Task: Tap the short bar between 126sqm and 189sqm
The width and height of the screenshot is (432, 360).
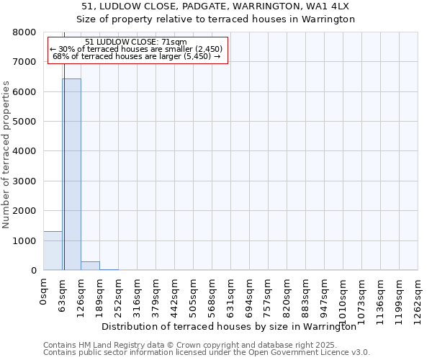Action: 90,266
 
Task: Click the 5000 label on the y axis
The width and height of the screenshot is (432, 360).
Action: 25,122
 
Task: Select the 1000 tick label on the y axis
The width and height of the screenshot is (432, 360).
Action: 25,240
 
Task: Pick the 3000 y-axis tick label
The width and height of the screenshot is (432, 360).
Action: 25,181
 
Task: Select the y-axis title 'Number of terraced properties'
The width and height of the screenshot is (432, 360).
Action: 6,155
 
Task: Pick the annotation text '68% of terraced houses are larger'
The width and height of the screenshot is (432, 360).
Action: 137,55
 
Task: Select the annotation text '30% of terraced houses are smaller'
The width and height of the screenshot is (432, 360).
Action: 137,49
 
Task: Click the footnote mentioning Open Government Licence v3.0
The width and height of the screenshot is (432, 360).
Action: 207,353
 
